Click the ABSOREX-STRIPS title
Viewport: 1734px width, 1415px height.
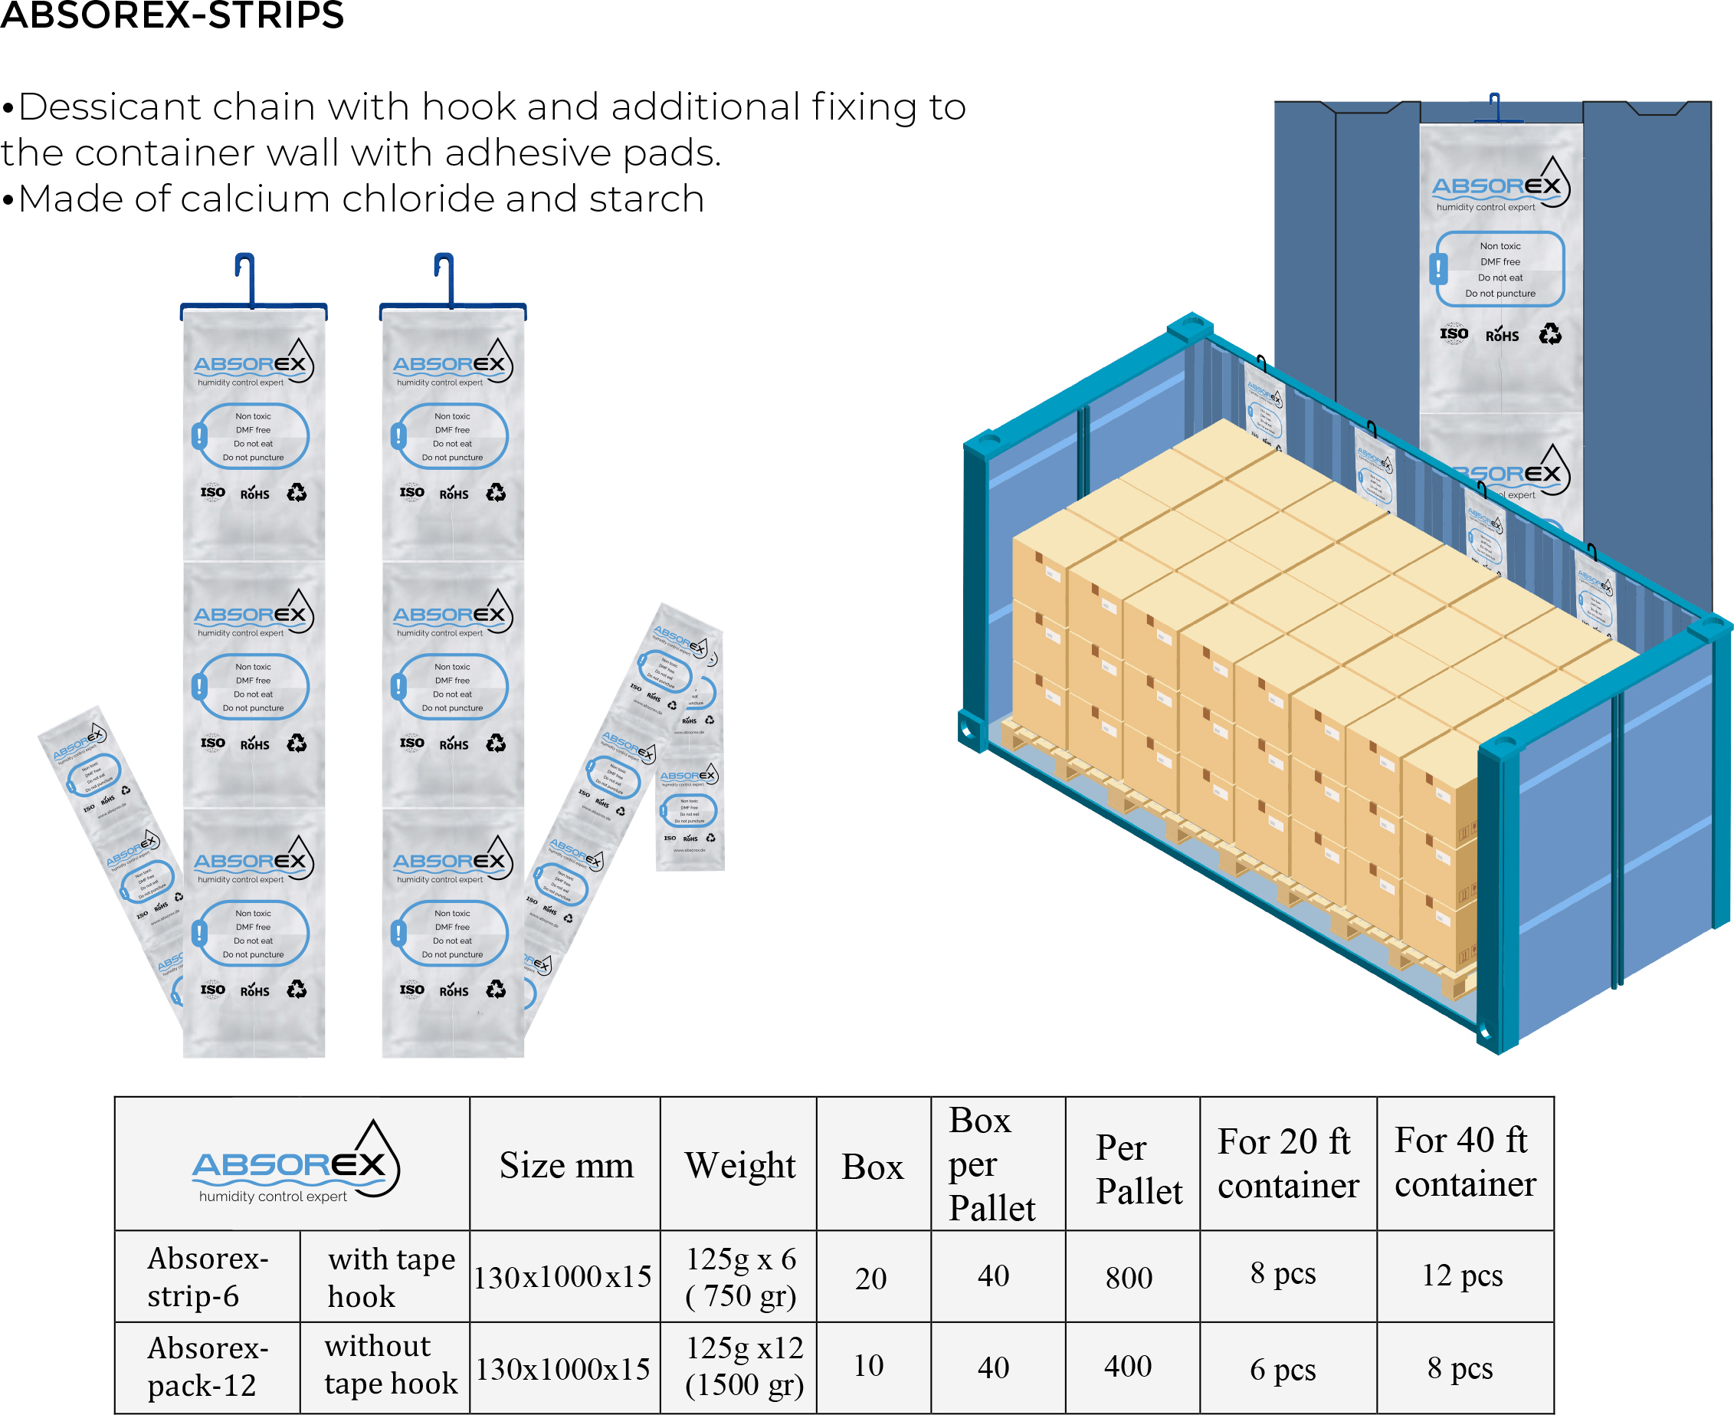tap(172, 15)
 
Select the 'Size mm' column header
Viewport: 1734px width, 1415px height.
tap(566, 1165)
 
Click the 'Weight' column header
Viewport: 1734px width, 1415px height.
tap(740, 1165)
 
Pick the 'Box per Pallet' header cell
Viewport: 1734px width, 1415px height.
tap(992, 1164)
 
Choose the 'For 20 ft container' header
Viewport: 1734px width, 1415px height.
tap(1287, 1164)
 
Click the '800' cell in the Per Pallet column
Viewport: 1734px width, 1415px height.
tap(1129, 1277)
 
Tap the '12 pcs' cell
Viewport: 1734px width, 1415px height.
tap(1462, 1275)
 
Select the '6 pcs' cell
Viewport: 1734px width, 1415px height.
tap(1283, 1369)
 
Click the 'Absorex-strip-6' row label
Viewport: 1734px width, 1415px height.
tap(208, 1277)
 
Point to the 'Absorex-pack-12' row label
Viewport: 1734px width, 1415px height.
tap(208, 1367)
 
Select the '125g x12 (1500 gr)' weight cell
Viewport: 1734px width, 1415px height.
tap(744, 1366)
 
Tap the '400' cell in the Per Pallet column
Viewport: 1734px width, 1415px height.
tap(1128, 1366)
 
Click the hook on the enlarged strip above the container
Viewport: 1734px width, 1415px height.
tap(1494, 107)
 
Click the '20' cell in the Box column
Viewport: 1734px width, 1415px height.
tap(870, 1278)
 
